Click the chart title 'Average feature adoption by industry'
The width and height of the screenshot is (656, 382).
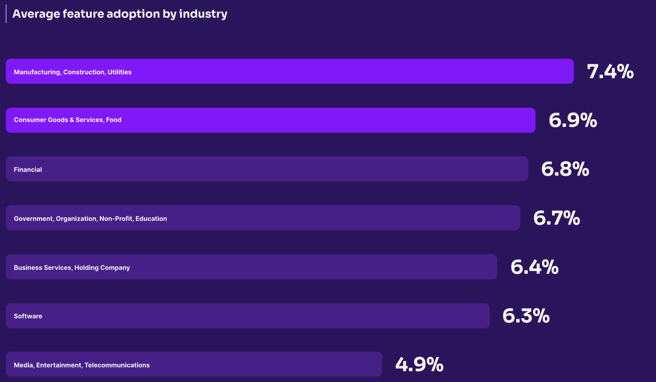pyautogui.click(x=119, y=14)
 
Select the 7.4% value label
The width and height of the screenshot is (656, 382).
pyautogui.click(x=610, y=72)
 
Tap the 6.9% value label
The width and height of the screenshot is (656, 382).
pyautogui.click(x=573, y=120)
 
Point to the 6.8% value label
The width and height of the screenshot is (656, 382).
pyautogui.click(x=565, y=169)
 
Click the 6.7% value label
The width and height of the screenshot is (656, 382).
pyautogui.click(x=557, y=218)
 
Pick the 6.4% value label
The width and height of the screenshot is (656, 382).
pyautogui.click(x=534, y=267)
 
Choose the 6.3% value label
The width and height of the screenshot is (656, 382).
pyautogui.click(x=526, y=316)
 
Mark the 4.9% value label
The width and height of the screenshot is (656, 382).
pyautogui.click(x=419, y=365)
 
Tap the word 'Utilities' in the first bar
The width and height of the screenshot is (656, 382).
pyautogui.click(x=119, y=72)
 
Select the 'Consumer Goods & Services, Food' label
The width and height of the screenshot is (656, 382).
pyautogui.click(x=67, y=120)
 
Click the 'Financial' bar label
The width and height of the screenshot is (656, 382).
pyautogui.click(x=28, y=170)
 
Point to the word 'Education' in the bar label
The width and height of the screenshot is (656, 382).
pyautogui.click(x=151, y=219)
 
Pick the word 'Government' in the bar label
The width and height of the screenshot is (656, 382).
pyautogui.click(x=33, y=219)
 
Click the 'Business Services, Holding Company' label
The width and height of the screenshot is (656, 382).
pyautogui.click(x=72, y=268)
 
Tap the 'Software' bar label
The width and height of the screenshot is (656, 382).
pyautogui.click(x=28, y=316)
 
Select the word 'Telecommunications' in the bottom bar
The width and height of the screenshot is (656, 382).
pyautogui.click(x=117, y=366)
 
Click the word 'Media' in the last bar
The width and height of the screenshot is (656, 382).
pyautogui.click(x=23, y=366)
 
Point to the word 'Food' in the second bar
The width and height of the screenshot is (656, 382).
pyautogui.click(x=114, y=120)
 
